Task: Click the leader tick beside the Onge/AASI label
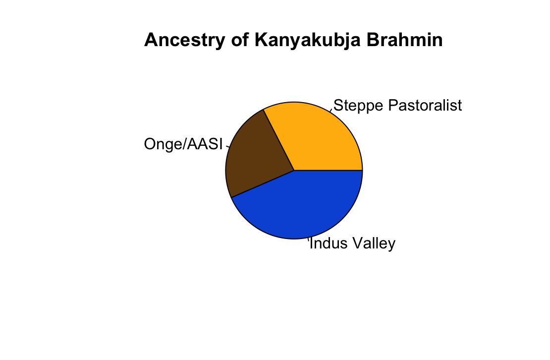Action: pyautogui.click(x=228, y=146)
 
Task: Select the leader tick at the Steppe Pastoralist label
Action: pyautogui.click(x=331, y=109)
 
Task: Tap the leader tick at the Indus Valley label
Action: pyautogui.click(x=308, y=241)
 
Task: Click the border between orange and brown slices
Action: pyautogui.click(x=279, y=140)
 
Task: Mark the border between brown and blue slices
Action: pyautogui.click(x=263, y=183)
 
